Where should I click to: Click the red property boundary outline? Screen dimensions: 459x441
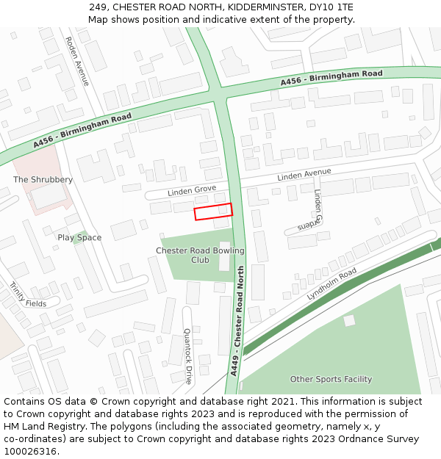coord(213,212)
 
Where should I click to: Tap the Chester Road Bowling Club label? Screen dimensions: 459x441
coord(200,255)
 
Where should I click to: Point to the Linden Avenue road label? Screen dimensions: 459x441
coord(304,175)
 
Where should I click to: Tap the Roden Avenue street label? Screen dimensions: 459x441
coord(77,61)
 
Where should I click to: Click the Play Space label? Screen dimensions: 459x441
coord(79,238)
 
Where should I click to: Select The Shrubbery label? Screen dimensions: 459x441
coord(43,180)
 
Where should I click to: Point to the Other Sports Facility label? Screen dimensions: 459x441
coord(331,380)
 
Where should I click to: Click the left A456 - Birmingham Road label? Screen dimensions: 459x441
coord(82,131)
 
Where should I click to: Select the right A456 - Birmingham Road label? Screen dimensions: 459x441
coord(331,78)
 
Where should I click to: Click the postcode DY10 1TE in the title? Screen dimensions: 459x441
coord(332,7)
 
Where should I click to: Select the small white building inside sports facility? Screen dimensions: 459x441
coord(349,320)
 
